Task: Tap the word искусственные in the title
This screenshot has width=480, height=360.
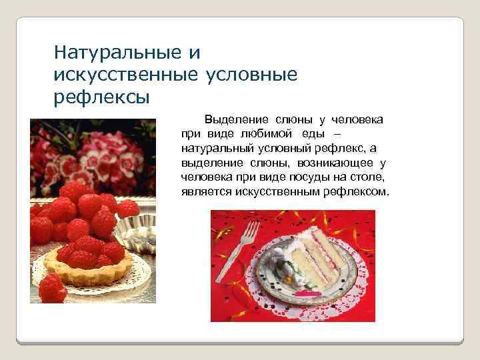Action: (x=127, y=75)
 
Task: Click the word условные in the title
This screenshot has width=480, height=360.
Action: (x=253, y=75)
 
